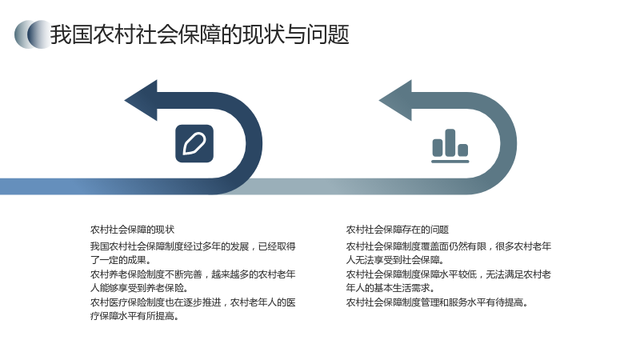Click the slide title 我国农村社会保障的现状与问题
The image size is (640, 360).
199,34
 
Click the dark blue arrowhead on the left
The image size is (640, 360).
141,101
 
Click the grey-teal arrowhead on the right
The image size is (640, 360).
395,101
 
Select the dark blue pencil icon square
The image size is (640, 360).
194,144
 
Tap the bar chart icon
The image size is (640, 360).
450,146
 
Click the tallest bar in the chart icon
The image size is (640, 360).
450,142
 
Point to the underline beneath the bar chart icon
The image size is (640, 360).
450,162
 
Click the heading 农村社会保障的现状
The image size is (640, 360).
132,230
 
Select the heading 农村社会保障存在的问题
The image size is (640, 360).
398,230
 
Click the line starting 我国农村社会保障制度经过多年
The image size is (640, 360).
193,246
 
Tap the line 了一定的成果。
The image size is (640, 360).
121,260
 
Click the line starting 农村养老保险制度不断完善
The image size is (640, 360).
193,274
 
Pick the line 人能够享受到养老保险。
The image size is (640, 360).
139,288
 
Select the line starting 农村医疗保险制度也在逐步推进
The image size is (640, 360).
193,302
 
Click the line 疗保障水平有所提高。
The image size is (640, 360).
134,316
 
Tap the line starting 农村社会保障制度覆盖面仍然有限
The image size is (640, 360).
449,246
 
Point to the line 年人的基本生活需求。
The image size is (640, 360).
390,288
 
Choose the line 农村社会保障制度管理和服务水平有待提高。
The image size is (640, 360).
437,302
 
